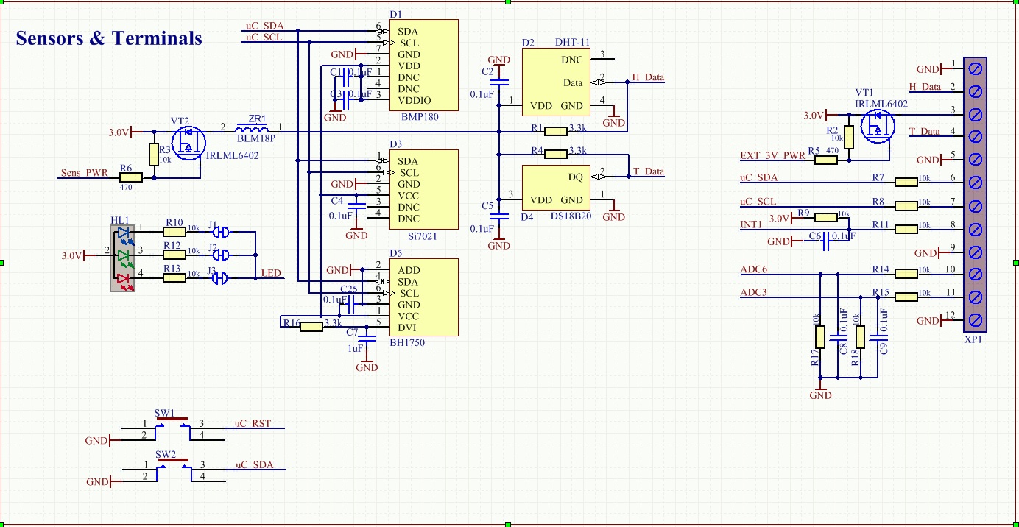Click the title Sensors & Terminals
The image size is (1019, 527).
[x=109, y=38]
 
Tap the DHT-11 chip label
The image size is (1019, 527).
[x=571, y=43]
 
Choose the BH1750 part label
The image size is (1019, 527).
[x=407, y=342]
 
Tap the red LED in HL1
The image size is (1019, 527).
[x=122, y=278]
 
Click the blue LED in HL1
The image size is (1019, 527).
[x=122, y=233]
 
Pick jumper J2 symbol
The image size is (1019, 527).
[x=220, y=255]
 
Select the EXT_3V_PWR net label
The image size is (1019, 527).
[x=772, y=155]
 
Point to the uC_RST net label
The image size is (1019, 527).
[x=253, y=423]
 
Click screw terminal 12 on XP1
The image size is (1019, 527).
[x=975, y=320]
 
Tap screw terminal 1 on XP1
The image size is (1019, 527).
[x=975, y=68]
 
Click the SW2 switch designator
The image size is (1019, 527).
[x=165, y=454]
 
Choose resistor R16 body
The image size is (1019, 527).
[x=311, y=327]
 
